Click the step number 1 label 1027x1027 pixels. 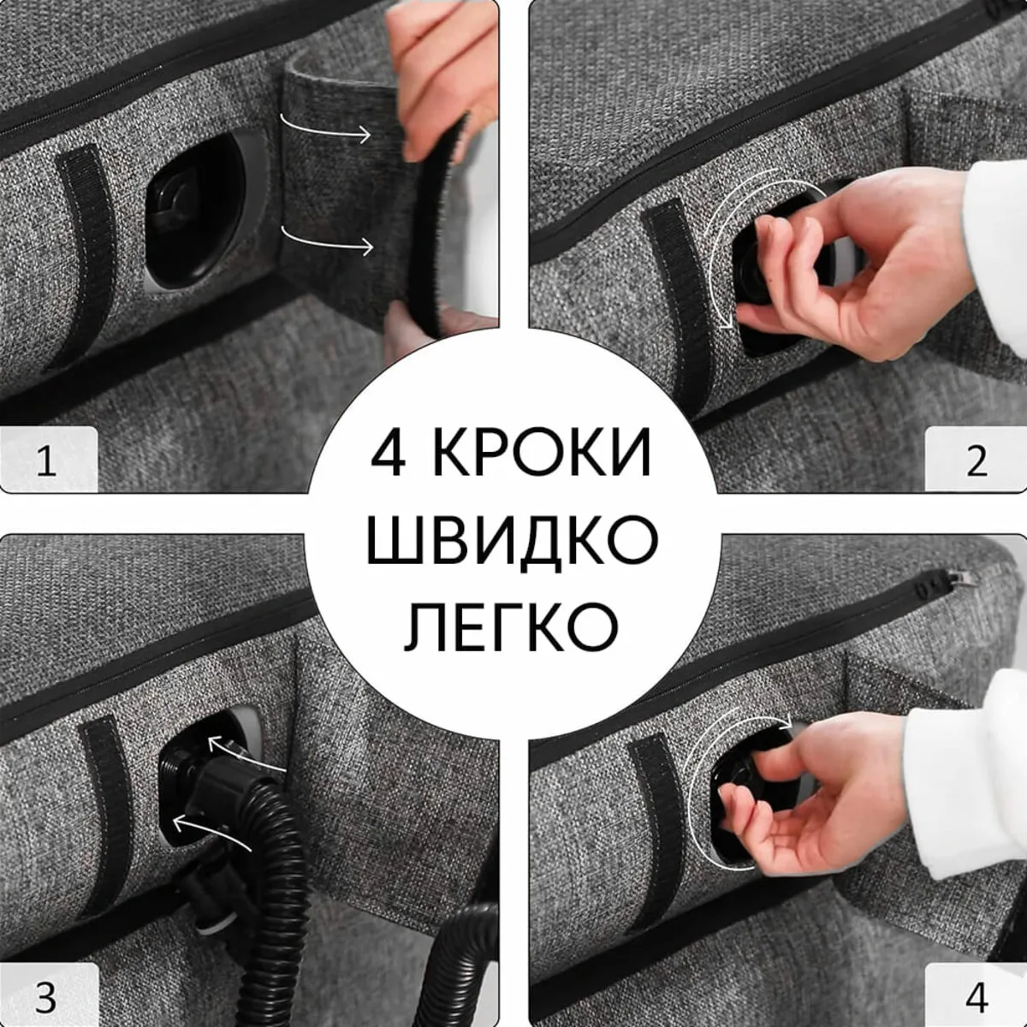pyautogui.click(x=47, y=462)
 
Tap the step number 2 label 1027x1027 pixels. pyautogui.click(x=977, y=462)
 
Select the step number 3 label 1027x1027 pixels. pyautogui.click(x=47, y=997)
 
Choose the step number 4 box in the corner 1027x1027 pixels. pyautogui.click(x=977, y=997)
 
